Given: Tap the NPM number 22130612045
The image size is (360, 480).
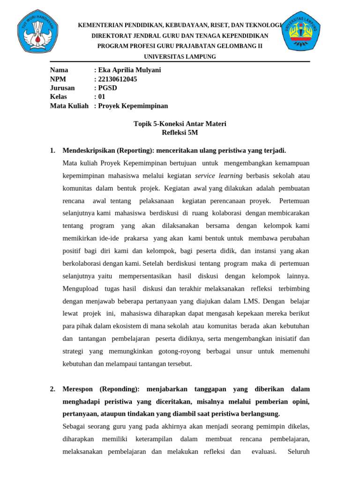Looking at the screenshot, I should (x=117, y=79).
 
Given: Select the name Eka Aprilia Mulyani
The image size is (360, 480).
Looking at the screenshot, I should (x=129, y=70).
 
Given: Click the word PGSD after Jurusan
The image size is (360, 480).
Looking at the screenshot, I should (x=107, y=88).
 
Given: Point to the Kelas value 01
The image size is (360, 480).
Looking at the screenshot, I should (x=101, y=97).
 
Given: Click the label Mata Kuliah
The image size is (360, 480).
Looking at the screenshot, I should (x=69, y=106).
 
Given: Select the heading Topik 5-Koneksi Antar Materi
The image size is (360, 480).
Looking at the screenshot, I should (x=180, y=124).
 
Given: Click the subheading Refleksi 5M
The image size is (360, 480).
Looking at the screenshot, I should (x=180, y=133).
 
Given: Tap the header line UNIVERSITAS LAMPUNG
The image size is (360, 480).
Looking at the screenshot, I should (x=180, y=57).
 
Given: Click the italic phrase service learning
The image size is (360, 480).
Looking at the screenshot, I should (x=219, y=176).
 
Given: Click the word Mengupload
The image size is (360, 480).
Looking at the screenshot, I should (x=80, y=288).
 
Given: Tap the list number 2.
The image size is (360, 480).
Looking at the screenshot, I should (x=52, y=389).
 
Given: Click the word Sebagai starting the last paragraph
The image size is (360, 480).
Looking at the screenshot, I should (x=75, y=427).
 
